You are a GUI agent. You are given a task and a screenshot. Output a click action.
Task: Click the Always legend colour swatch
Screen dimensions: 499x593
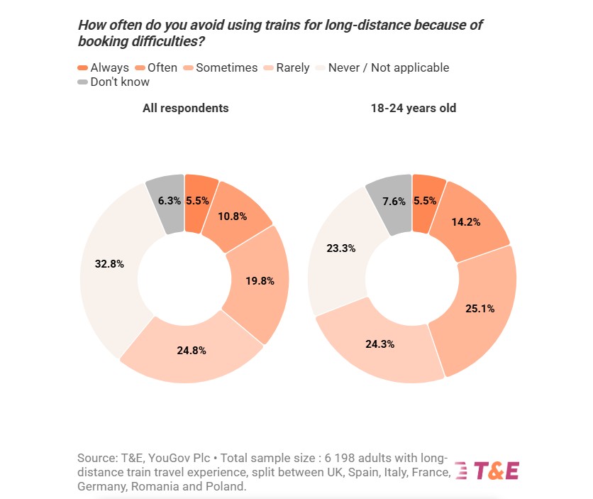click(82, 68)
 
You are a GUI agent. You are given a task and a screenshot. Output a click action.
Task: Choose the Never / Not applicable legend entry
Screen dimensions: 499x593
click(383, 68)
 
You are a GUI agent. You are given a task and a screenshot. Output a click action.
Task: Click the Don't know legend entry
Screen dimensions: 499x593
click(113, 82)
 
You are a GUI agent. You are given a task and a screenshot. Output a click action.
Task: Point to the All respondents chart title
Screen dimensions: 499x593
click(185, 109)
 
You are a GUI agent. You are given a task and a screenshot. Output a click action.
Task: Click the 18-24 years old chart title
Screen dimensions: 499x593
click(413, 109)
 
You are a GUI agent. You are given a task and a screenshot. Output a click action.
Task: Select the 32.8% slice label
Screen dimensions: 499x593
click(109, 264)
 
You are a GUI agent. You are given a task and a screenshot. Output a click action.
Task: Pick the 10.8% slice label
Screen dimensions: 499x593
click(232, 216)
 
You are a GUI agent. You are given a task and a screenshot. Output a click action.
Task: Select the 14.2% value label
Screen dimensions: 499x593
click(465, 221)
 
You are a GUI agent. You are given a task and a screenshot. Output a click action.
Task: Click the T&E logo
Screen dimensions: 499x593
click(487, 471)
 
